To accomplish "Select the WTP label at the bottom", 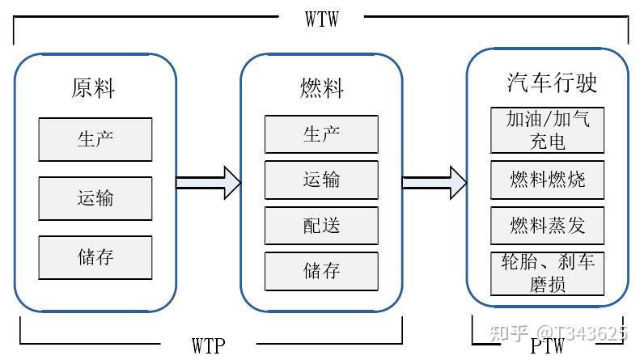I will (209, 345).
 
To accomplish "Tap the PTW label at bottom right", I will (547, 345).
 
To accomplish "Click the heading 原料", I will (94, 88).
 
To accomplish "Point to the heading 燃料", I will (321, 88).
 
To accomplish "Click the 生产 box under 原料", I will (95, 138).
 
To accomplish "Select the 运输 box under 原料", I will (95, 198).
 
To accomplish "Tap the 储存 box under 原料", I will (95, 257).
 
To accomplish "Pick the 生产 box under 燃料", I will (321, 133).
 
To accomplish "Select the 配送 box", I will (321, 226).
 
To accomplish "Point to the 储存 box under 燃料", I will (321, 271).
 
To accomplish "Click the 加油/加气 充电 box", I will (548, 129).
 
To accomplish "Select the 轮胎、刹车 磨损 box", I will (548, 273).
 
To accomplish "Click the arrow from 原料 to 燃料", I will (209, 183).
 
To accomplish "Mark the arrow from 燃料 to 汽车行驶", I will (434, 183).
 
